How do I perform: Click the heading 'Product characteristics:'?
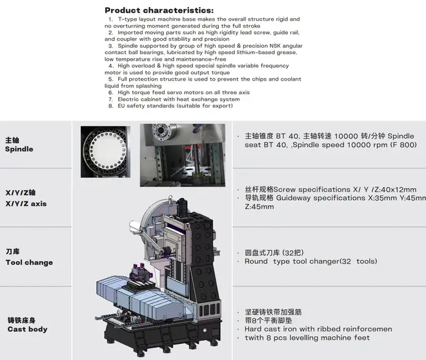click(159, 10)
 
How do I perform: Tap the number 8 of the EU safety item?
click(110, 106)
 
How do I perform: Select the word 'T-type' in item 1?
click(127, 19)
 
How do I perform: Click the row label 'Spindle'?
click(19, 149)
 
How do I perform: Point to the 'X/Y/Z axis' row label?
click(26, 204)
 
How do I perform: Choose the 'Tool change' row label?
click(29, 263)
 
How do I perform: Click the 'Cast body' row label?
click(28, 329)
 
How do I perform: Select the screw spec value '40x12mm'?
click(399, 190)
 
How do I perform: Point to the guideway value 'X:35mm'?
click(383, 198)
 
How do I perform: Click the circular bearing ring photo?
click(105, 152)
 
